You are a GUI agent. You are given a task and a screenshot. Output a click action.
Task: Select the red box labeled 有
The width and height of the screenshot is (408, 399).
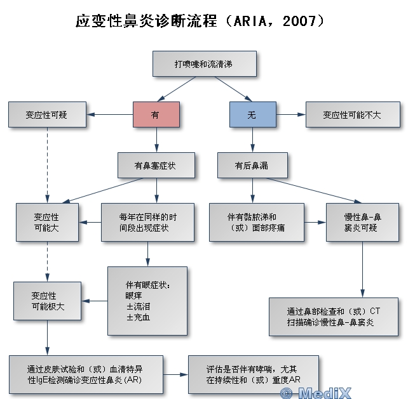click(x=156, y=115)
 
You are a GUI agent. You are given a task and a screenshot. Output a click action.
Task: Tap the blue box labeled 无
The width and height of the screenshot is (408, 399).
click(x=252, y=115)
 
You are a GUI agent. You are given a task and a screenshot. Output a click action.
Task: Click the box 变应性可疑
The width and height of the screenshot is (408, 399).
click(x=47, y=115)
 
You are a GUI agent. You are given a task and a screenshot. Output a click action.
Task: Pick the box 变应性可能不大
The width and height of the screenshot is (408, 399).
click(x=352, y=115)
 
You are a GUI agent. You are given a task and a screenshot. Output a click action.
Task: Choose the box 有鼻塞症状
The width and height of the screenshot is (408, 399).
click(x=156, y=165)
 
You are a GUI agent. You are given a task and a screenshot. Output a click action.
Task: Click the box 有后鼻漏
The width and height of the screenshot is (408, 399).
click(x=252, y=165)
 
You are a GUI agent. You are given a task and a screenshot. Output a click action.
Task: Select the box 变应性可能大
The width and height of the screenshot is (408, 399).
click(x=48, y=222)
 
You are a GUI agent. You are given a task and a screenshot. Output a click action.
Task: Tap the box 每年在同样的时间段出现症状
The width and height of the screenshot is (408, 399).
click(x=147, y=222)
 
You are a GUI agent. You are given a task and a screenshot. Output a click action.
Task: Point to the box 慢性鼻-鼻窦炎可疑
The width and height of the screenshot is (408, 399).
click(x=362, y=222)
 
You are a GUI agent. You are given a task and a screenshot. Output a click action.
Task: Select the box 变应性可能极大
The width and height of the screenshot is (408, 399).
click(x=48, y=300)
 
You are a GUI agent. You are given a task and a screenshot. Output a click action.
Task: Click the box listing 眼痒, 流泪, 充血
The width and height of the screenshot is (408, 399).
click(x=147, y=300)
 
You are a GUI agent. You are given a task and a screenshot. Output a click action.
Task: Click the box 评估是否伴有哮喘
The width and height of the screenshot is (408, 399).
click(x=253, y=374)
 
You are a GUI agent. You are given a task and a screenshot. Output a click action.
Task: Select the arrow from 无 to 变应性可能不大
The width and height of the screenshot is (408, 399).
click(x=290, y=115)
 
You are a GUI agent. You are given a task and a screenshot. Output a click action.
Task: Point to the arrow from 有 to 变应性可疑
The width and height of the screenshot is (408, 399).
click(x=109, y=115)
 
